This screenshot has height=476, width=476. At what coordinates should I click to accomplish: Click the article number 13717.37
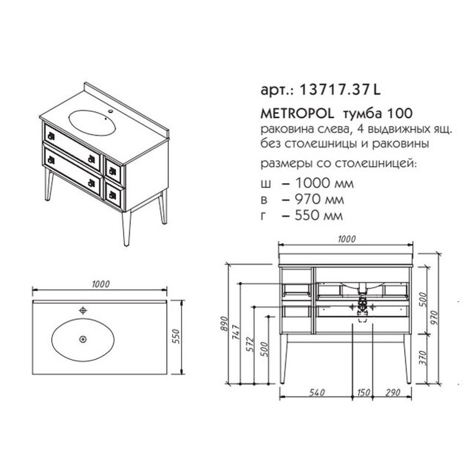pyautogui.click(x=335, y=89)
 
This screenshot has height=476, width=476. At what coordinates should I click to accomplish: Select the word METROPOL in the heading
pyautogui.click(x=297, y=114)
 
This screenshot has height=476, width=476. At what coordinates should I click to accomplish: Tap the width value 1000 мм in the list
pyautogui.click(x=324, y=183)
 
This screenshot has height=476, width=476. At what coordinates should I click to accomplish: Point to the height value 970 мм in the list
pyautogui.click(x=319, y=199)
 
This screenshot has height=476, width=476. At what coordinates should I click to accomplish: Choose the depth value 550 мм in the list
pyautogui.click(x=319, y=216)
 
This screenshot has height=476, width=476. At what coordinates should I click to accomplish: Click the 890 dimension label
pyautogui.click(x=224, y=324)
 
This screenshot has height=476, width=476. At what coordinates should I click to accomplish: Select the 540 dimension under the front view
pyautogui.click(x=317, y=392)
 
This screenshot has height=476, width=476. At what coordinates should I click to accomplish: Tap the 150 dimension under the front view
pyautogui.click(x=363, y=392)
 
